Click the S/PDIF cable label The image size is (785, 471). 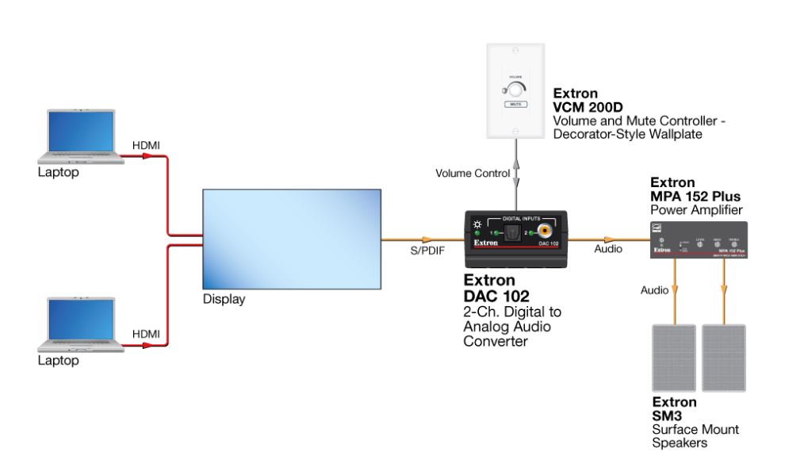click(x=419, y=251)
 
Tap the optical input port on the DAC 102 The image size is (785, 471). click(x=513, y=233)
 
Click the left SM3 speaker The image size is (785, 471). click(x=673, y=356)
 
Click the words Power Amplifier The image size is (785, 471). click(x=695, y=210)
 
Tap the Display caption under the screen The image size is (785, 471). click(x=224, y=300)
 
